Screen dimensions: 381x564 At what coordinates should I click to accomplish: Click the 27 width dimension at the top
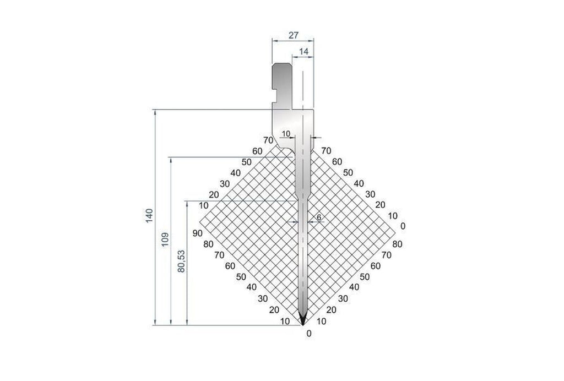[x=293, y=35]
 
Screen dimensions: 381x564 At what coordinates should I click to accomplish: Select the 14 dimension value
[x=304, y=51]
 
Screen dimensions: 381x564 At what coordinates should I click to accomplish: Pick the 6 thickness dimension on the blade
[x=318, y=217]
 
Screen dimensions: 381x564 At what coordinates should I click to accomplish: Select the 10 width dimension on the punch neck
[x=285, y=133]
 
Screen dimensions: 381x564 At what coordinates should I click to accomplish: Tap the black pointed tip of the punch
[x=303, y=319]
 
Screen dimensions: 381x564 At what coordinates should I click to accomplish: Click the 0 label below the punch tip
[x=309, y=333]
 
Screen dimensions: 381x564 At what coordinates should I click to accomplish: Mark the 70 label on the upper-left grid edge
[x=268, y=140]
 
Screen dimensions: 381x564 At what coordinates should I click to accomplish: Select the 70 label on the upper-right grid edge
[x=326, y=150]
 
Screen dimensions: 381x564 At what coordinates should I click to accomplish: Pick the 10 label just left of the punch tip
[x=285, y=322]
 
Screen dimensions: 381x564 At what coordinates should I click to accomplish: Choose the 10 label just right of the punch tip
[x=322, y=321]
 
